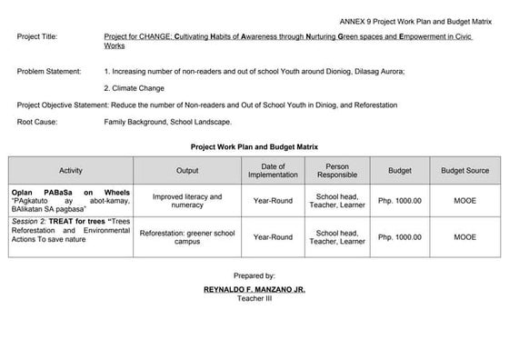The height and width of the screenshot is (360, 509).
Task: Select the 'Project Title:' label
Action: click(36, 37)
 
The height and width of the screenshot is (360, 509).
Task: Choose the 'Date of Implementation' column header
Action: click(273, 171)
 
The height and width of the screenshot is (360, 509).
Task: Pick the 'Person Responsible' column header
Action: click(337, 171)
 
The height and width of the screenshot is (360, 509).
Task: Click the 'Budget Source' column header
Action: click(464, 171)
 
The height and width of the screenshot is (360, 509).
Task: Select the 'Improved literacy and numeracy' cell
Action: click(187, 201)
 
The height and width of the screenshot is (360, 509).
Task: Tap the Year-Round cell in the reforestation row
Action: click(273, 237)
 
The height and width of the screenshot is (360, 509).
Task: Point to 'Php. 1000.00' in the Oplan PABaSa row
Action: click(400, 201)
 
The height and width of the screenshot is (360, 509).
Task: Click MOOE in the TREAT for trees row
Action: click(464, 237)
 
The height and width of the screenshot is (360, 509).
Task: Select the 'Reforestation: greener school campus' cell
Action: click(187, 237)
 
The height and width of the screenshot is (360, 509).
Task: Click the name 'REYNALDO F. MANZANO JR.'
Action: click(254, 289)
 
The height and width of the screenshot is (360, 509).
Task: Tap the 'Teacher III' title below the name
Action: click(254, 299)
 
